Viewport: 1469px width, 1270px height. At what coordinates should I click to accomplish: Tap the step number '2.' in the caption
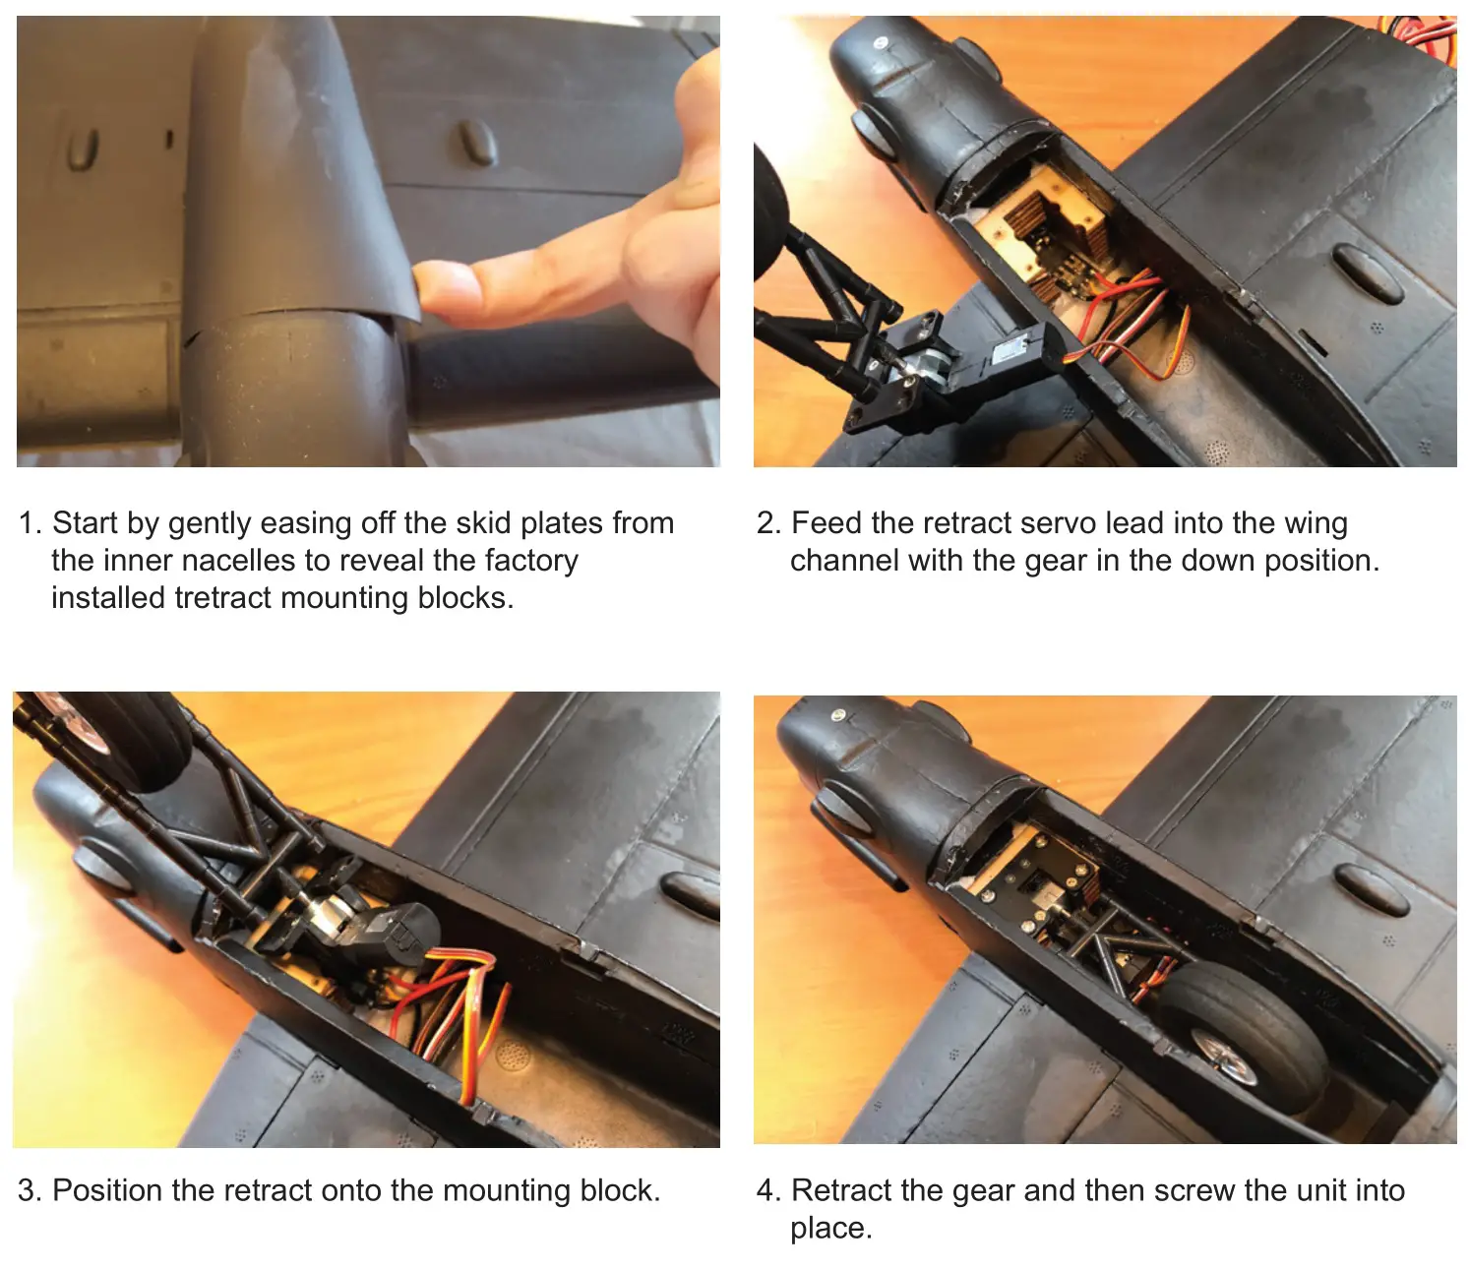click(768, 522)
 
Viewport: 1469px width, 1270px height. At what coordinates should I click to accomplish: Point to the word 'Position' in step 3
click(107, 1190)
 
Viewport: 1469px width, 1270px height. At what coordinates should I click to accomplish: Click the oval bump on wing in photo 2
click(1367, 272)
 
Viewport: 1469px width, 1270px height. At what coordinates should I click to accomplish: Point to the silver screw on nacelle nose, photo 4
click(838, 715)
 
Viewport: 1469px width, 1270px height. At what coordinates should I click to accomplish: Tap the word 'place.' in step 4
click(830, 1228)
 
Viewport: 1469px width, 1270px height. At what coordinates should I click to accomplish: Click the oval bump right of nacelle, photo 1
click(476, 143)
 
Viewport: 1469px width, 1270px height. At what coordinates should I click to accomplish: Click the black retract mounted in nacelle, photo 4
click(1043, 885)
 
